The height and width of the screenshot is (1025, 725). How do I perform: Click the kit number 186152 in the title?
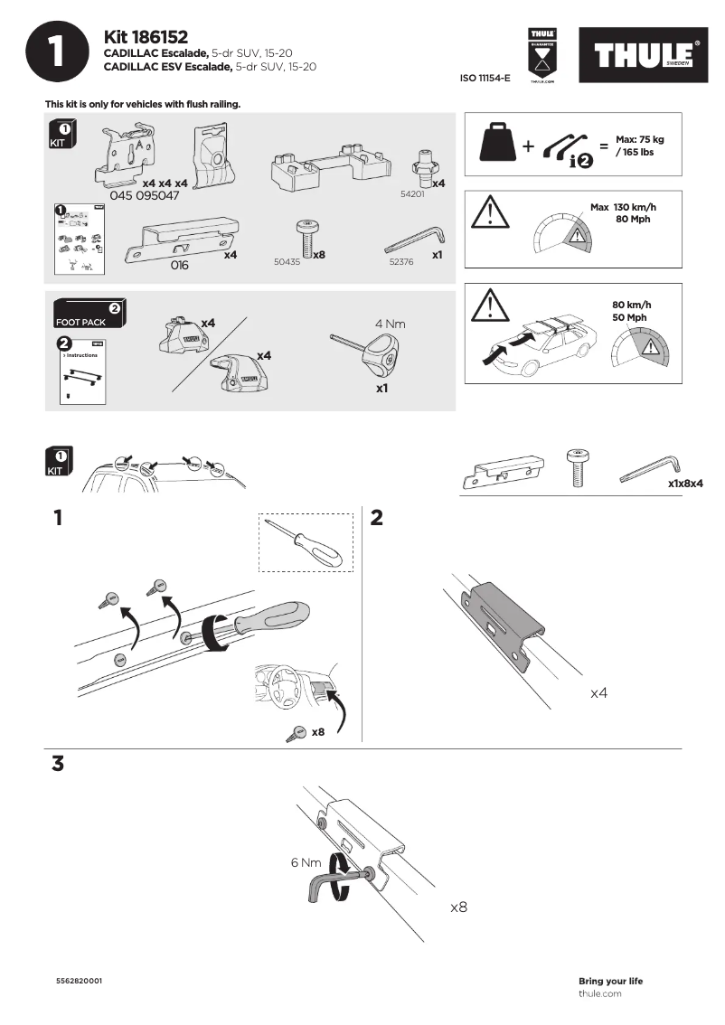pos(160,37)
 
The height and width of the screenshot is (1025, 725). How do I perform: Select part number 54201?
pos(412,194)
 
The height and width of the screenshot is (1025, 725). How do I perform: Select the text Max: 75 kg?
pos(639,139)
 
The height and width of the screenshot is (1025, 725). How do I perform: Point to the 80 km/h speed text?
pos(630,305)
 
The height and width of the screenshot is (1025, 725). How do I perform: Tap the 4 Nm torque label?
pos(391,323)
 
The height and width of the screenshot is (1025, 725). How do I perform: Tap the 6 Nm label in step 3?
pos(306,863)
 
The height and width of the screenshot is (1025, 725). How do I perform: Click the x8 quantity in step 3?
pos(458,906)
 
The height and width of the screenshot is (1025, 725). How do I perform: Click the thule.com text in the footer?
pos(599,994)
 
